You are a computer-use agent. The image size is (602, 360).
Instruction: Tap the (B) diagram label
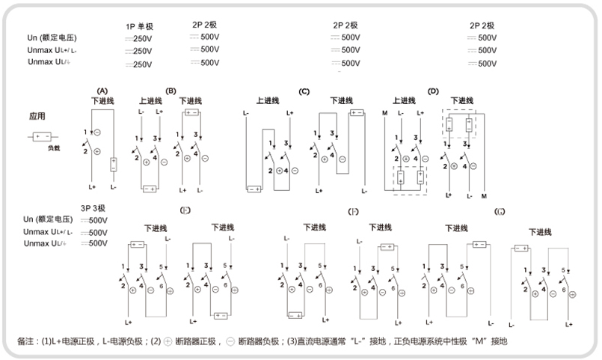pyautogui.click(x=171, y=91)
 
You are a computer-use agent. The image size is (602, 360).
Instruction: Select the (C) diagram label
pyautogui.click(x=304, y=91)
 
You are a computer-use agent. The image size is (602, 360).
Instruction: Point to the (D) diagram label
pyautogui.click(x=432, y=91)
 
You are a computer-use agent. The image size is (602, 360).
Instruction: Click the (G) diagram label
pyautogui.click(x=500, y=212)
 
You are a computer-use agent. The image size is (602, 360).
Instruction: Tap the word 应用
pyautogui.click(x=37, y=117)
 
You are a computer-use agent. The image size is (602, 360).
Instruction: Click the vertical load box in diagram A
pyautogui.click(x=113, y=165)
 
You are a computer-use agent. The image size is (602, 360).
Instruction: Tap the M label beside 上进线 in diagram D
pyautogui.click(x=384, y=113)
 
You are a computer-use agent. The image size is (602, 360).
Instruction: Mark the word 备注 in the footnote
pyautogui.click(x=25, y=341)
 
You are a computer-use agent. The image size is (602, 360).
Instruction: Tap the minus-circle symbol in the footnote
pyautogui.click(x=230, y=341)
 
